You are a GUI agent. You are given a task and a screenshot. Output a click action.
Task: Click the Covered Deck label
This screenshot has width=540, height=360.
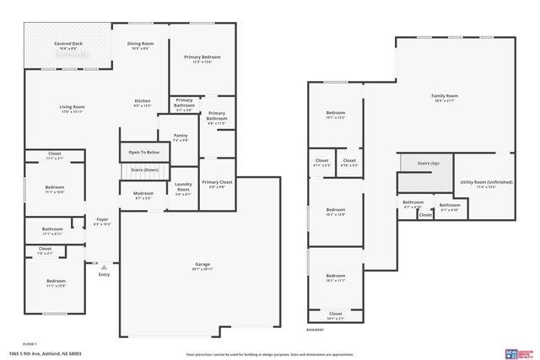click(x=67, y=45)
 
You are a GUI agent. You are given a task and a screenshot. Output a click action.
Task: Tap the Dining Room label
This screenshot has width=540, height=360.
click(x=140, y=45)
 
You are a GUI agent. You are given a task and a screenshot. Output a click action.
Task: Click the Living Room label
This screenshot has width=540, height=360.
click(x=72, y=108)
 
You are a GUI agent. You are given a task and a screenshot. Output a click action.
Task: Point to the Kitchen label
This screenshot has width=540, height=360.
click(x=143, y=103)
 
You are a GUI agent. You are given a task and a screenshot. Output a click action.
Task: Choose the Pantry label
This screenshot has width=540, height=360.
click(x=181, y=137)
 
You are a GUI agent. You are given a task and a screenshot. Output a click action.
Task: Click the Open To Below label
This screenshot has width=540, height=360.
click(x=143, y=153)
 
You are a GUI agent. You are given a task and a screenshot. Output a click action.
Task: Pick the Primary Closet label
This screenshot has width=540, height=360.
click(x=217, y=184)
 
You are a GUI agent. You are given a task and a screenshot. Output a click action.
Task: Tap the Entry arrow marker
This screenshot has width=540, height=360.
click(x=104, y=266)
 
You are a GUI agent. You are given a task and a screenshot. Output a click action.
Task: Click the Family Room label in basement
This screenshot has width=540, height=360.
click(x=445, y=98)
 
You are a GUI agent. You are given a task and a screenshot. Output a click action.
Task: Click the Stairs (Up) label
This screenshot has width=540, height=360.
click(x=429, y=163)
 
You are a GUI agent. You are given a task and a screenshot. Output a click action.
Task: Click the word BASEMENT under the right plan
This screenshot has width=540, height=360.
click(x=315, y=330)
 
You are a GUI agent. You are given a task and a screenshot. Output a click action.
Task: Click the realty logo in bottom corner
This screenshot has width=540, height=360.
click(x=518, y=352)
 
